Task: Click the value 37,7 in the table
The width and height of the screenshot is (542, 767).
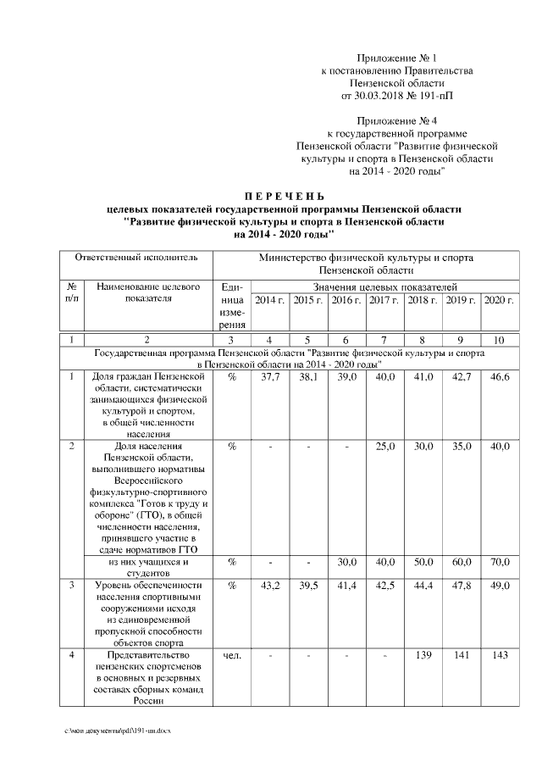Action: tap(268, 377)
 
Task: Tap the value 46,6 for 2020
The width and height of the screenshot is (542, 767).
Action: tap(500, 377)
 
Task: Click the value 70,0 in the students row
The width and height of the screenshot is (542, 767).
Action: tap(500, 562)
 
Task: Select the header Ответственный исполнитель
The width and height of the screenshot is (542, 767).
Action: tap(136, 256)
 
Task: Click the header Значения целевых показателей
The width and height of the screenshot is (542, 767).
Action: tap(384, 288)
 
